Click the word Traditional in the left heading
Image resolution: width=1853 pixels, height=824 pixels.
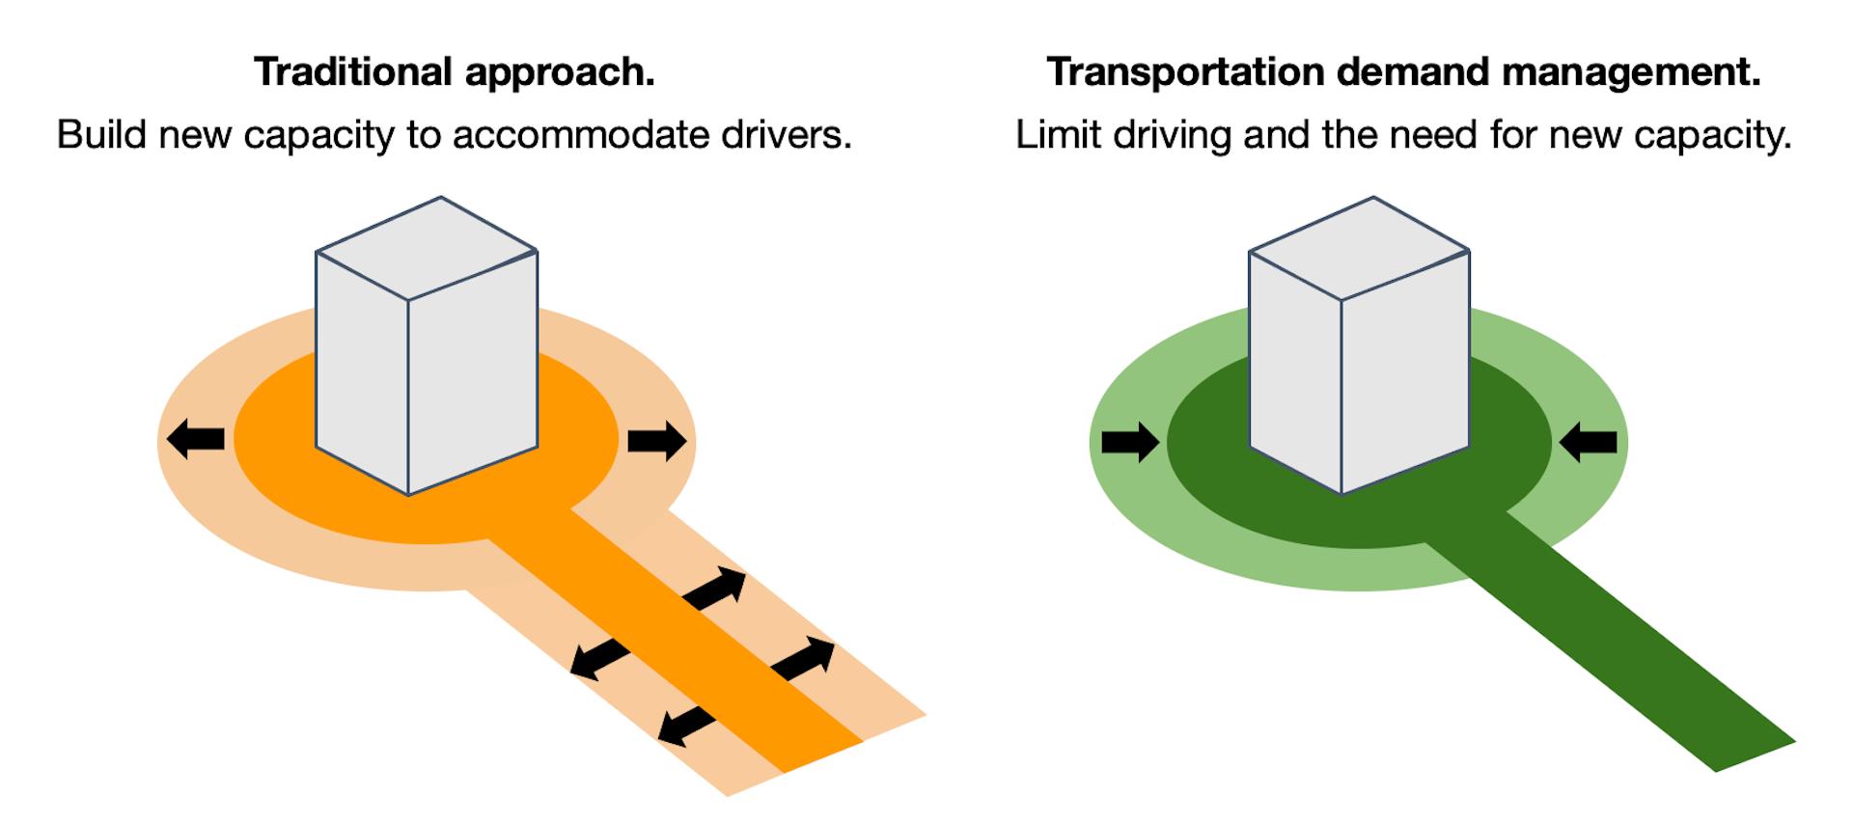(x=353, y=72)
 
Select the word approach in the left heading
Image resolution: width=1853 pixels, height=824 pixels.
(x=560, y=72)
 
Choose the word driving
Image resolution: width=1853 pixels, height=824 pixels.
(x=1172, y=135)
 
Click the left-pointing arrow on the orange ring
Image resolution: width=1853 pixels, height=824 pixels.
(x=196, y=439)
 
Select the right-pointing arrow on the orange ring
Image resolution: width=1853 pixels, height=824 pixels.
(x=657, y=441)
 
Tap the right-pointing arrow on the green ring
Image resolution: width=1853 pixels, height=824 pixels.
(x=1130, y=442)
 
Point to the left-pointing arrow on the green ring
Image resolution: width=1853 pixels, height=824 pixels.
(x=1589, y=442)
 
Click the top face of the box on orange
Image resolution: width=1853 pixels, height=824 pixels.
(x=427, y=248)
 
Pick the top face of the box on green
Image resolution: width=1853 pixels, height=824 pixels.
(x=1359, y=248)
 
